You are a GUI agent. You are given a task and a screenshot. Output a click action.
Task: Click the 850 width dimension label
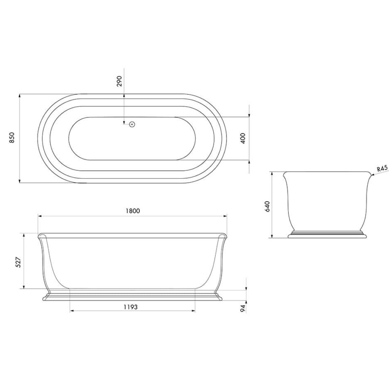coord(12,138)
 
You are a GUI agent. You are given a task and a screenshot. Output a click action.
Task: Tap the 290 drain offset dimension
coord(120,81)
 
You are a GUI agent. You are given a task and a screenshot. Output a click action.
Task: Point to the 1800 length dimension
coord(133,211)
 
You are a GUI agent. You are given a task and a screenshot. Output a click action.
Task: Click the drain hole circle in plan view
coord(132,125)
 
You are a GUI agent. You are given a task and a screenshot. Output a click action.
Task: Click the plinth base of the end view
coord(327,236)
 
